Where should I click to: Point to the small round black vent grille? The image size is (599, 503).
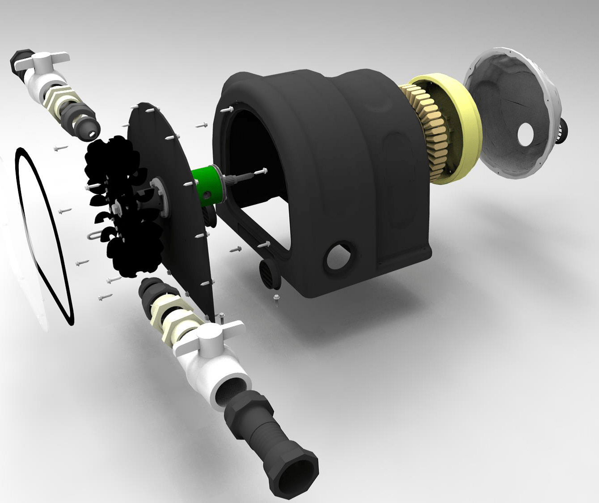click(268, 272)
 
